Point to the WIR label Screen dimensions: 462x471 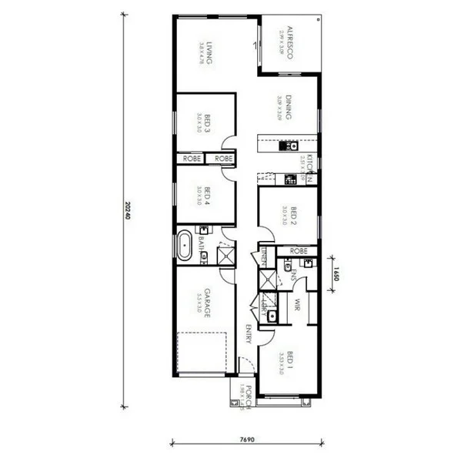(296, 306)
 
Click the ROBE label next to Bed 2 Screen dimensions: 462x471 (299, 251)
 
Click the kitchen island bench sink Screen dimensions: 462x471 (290, 145)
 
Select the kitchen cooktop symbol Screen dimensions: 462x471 (289, 180)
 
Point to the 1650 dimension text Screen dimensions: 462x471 (336, 273)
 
